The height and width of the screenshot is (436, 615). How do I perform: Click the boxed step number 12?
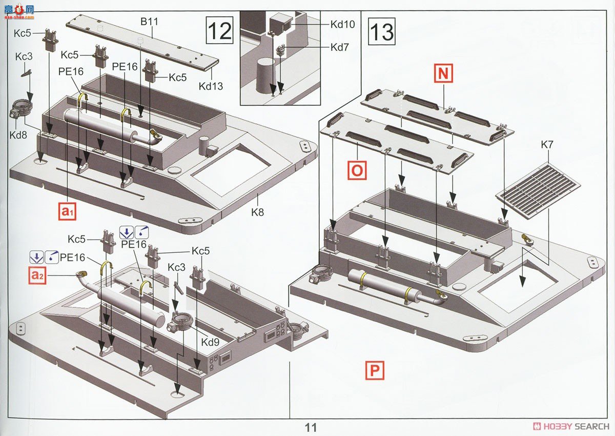point(219,30)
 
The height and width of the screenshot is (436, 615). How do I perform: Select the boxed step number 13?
point(382,31)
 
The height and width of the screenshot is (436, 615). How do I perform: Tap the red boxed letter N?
point(443,73)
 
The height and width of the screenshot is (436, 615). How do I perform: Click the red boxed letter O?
point(357,170)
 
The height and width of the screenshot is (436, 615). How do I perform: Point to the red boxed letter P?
point(375,371)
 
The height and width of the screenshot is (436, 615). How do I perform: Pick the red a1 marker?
point(67,211)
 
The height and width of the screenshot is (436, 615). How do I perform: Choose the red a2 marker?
point(37,275)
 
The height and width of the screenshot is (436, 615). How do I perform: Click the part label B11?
point(149,22)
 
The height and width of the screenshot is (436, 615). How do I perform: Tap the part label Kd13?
point(211,86)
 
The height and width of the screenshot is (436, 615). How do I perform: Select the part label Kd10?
point(342,24)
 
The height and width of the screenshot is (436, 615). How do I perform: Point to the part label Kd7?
point(339,47)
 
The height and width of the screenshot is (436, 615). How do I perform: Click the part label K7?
point(547,145)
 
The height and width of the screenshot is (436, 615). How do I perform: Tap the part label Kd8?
point(18,135)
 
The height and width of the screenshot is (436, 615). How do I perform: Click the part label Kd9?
point(210,342)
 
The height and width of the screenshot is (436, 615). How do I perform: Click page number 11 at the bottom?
point(311,427)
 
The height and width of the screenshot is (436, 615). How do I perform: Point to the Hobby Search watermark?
point(571,426)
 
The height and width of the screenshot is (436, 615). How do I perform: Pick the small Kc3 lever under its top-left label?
point(26,73)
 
